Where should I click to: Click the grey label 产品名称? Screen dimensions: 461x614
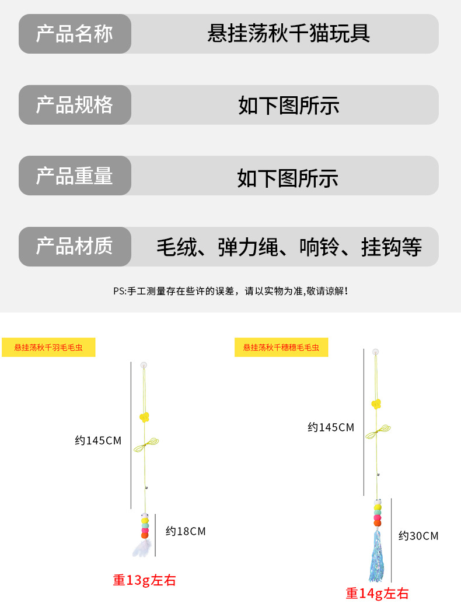[x=74, y=34]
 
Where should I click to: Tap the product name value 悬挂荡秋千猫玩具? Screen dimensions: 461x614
[x=289, y=34]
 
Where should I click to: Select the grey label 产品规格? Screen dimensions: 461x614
[x=74, y=105]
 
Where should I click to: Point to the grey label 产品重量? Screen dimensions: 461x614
[x=74, y=176]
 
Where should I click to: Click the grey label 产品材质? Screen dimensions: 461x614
[x=74, y=247]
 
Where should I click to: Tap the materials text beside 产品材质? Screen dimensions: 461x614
[x=289, y=247]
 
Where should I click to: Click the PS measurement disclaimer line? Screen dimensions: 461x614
[x=230, y=290]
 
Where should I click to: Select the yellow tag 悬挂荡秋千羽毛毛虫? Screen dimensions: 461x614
[x=48, y=348]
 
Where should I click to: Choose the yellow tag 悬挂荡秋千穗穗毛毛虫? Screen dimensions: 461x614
[x=281, y=348]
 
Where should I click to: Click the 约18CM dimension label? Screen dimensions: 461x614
[x=186, y=531]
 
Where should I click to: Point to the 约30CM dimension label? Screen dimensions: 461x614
[x=418, y=536]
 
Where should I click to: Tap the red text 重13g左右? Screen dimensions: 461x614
[x=144, y=580]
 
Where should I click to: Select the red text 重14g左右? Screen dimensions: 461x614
[x=377, y=594]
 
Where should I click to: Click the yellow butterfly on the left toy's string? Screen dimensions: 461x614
[x=144, y=417]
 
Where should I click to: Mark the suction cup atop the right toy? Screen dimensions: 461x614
[x=376, y=352]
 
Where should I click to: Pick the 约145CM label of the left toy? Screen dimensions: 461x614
[x=98, y=441]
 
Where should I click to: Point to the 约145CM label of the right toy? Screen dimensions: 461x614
[x=331, y=427]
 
